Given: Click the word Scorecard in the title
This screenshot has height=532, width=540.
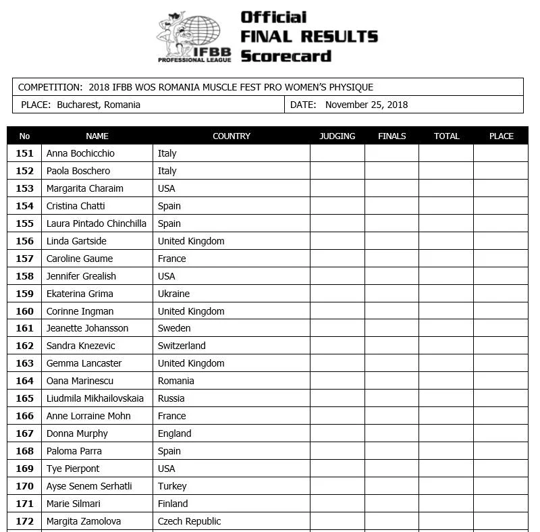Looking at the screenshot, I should (286, 55).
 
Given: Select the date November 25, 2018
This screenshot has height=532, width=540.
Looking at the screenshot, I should (367, 105).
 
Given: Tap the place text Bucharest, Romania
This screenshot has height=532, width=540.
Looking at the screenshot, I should (99, 105).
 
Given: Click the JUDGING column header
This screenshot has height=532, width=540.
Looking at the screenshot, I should (337, 136).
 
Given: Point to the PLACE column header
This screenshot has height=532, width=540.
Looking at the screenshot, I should (501, 136).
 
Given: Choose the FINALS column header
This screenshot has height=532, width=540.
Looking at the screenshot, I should (391, 136).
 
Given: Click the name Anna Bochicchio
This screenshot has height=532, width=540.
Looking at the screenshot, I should (80, 153).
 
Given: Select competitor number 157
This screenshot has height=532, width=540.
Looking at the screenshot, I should (24, 259).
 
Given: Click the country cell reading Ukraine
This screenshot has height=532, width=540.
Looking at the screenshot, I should (173, 294).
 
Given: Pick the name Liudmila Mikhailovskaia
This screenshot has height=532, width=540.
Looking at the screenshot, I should (94, 398).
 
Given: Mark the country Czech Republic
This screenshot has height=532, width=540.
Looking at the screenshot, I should (189, 521).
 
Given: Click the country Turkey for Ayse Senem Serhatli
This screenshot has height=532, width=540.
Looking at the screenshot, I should (172, 486).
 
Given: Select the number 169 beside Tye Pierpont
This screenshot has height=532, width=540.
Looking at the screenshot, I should (24, 469).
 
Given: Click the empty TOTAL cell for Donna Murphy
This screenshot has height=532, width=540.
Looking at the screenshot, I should (446, 433).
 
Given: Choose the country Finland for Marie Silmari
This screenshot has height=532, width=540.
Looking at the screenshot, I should (173, 504).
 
